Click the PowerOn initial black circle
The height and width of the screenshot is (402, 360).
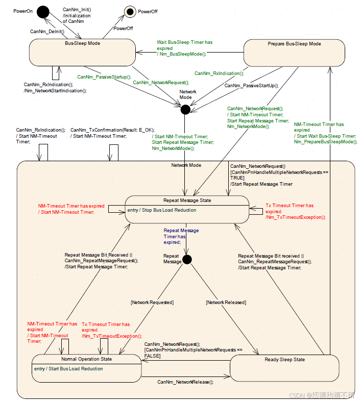[x=42, y=11]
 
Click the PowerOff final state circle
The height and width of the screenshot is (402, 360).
[x=130, y=11]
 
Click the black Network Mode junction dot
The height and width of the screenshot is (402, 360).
[x=185, y=109]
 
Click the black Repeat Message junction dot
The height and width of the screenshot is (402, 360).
[x=187, y=259]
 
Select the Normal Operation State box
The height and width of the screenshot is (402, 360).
[x=86, y=368]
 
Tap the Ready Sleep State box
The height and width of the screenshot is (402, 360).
[x=284, y=368]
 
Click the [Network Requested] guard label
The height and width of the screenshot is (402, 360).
[x=152, y=303]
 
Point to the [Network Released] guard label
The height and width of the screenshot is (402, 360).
[x=226, y=303]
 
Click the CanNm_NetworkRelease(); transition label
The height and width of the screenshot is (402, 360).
[x=185, y=382]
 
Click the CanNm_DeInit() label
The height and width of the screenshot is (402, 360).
[x=47, y=31]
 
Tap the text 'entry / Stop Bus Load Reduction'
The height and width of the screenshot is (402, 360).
[x=161, y=210]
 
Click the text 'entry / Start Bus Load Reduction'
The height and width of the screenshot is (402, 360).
[x=68, y=369]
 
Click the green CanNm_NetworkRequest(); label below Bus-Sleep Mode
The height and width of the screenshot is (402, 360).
[x=161, y=82]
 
